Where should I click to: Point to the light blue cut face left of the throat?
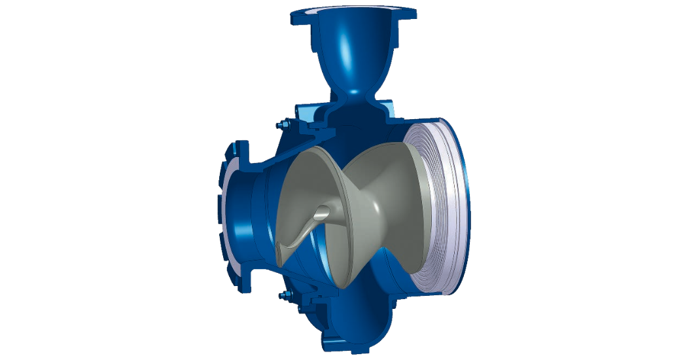point(321,111)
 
